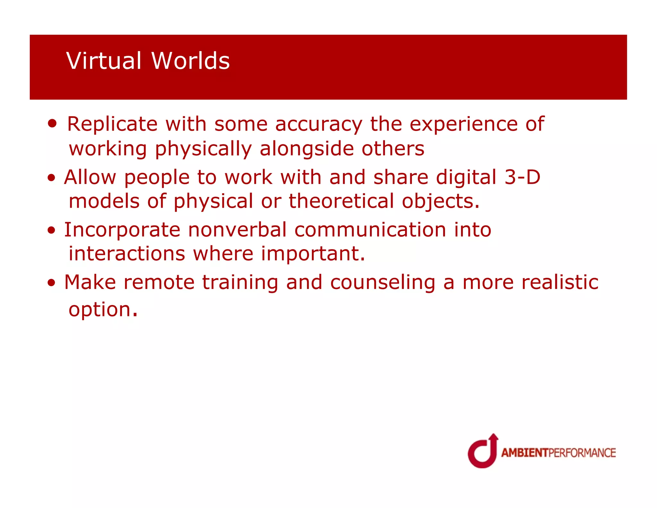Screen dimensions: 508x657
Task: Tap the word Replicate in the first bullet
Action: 112,124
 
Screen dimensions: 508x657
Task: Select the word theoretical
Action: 341,201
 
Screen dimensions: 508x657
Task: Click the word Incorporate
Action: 122,230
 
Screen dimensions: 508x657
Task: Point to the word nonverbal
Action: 237,230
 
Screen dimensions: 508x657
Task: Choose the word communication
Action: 370,230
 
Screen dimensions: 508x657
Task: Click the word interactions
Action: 127,254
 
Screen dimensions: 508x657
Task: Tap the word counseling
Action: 382,283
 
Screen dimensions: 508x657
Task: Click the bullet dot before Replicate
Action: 52,123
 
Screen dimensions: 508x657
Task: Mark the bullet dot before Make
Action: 51,283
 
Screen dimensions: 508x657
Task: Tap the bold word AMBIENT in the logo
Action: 525,453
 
